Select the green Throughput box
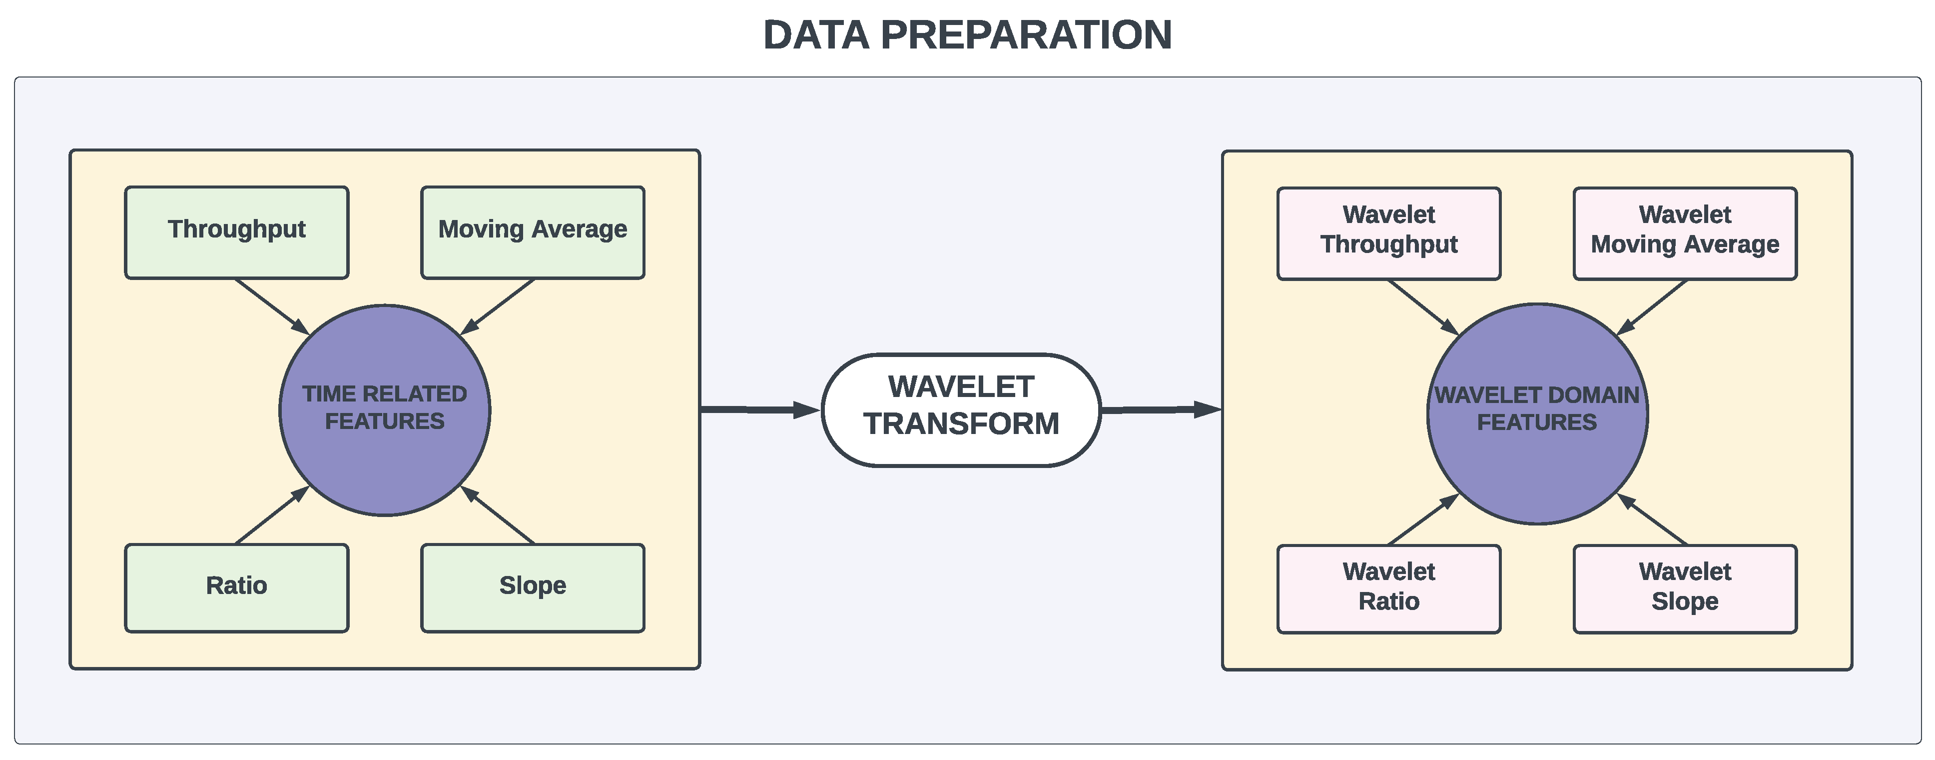coord(237,233)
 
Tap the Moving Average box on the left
coord(533,233)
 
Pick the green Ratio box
coord(237,588)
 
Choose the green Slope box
coord(533,588)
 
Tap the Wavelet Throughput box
coord(1389,234)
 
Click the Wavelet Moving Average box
coord(1685,234)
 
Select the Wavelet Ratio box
coord(1389,589)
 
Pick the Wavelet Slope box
coord(1685,589)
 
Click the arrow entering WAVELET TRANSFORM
coord(760,409)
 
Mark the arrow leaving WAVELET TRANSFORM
coord(1161,409)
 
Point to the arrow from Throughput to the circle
coord(272,306)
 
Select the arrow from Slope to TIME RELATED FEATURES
coord(497,515)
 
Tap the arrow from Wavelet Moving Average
coord(1652,308)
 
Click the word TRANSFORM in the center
coord(961,424)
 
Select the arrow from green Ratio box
coord(272,515)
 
